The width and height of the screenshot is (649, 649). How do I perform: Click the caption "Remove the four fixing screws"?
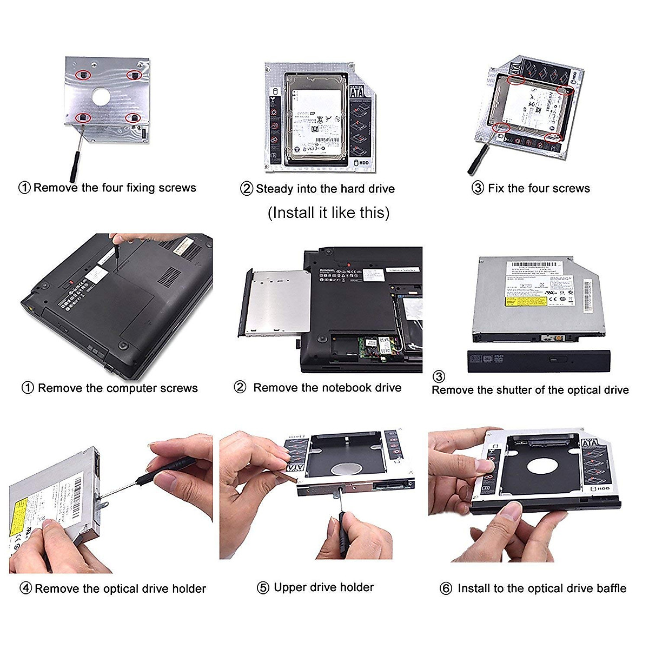tap(114, 188)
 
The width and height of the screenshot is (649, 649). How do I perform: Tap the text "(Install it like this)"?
tap(328, 213)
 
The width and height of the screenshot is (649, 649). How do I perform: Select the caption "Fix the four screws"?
tap(539, 188)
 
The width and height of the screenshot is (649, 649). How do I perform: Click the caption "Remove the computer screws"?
tap(117, 388)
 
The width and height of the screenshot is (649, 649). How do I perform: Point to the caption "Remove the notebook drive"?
tap(327, 387)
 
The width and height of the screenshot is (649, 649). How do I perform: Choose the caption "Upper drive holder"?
tap(323, 587)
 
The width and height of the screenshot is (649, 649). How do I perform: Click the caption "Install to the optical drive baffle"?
tap(541, 588)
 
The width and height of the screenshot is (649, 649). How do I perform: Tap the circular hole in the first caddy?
tap(101, 96)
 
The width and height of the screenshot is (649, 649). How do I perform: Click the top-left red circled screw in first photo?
tap(83, 75)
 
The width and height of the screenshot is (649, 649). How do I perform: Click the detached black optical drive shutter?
tap(538, 361)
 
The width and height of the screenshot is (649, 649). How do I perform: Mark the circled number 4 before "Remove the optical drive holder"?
tap(25, 588)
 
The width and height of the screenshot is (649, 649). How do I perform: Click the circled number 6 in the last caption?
tap(446, 588)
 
